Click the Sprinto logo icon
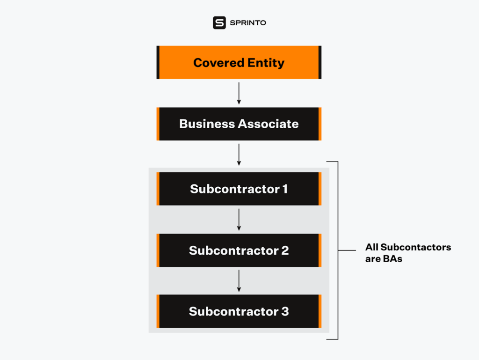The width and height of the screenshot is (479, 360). (x=219, y=23)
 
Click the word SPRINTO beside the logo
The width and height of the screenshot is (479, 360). (x=247, y=23)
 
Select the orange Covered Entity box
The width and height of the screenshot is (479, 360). (x=239, y=62)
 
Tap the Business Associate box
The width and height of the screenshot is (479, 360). (x=239, y=124)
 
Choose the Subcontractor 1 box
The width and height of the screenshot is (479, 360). (x=239, y=189)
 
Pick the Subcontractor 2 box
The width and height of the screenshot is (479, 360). (x=239, y=250)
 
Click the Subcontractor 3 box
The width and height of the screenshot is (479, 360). (x=239, y=311)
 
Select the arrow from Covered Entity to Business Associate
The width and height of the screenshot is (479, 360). (x=239, y=93)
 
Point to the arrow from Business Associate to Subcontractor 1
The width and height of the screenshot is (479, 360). (x=239, y=154)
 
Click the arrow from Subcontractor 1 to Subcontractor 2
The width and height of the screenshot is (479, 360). (x=239, y=220)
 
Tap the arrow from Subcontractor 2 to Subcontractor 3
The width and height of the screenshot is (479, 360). (x=239, y=281)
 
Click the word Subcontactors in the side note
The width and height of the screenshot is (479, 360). (x=416, y=247)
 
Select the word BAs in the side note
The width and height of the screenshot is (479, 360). (x=392, y=258)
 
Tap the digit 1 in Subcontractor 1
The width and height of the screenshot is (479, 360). (x=285, y=189)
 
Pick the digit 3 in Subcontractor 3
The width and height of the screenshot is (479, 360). (x=285, y=311)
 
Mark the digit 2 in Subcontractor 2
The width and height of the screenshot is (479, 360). (x=285, y=250)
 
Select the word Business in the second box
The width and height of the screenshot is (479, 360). (x=207, y=124)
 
